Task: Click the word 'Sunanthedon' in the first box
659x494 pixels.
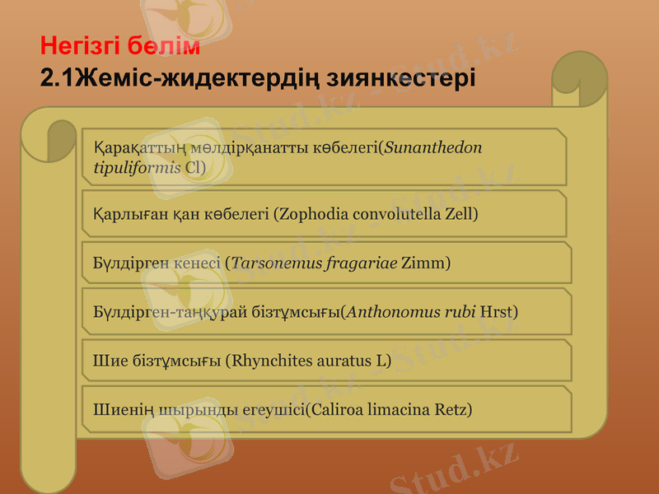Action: click(x=432, y=148)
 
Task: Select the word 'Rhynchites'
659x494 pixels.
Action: click(x=270, y=361)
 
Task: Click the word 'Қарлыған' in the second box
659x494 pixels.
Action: click(x=120, y=214)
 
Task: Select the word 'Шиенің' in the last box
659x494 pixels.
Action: click(x=117, y=408)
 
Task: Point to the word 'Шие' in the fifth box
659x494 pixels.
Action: click(x=106, y=361)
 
